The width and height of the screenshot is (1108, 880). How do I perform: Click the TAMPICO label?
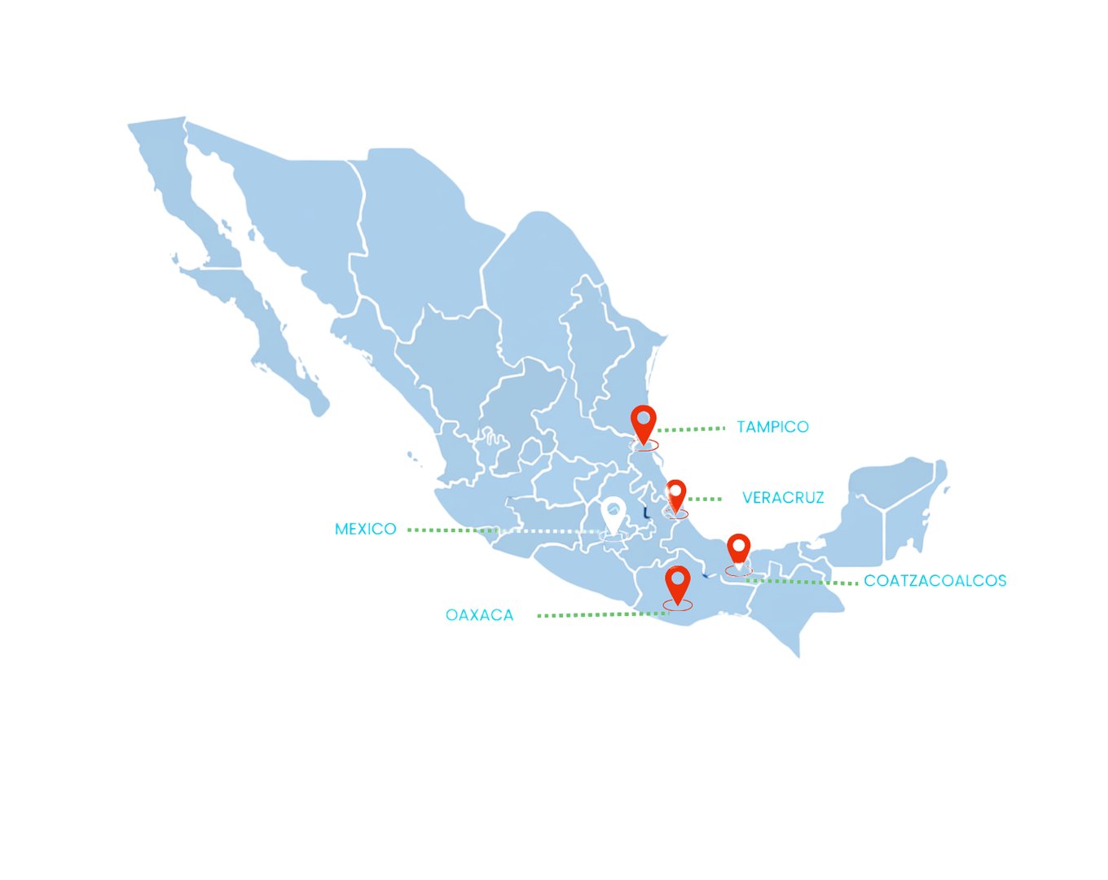coord(772,427)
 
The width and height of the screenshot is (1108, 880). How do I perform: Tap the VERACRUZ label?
coord(783,498)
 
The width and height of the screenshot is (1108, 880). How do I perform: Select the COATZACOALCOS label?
coord(934,581)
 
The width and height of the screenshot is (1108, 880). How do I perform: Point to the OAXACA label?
coord(479,615)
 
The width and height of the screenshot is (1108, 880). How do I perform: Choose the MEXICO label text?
coord(365,530)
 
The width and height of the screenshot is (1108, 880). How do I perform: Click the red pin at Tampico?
coord(644,422)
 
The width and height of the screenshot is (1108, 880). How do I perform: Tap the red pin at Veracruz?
coord(676,493)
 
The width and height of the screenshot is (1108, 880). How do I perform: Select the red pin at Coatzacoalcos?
coord(738,548)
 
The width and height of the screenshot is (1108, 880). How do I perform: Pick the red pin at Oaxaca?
coord(677,582)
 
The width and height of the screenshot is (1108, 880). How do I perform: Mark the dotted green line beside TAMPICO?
coord(691,429)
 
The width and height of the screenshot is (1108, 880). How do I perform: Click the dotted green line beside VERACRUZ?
coord(706,499)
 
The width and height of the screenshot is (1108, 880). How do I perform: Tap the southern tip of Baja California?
coord(319,405)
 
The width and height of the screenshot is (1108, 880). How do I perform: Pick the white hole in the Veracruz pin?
coord(676,490)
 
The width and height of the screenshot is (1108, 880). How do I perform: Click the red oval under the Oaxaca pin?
coord(678,605)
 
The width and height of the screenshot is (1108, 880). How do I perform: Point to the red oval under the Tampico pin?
coord(644,446)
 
